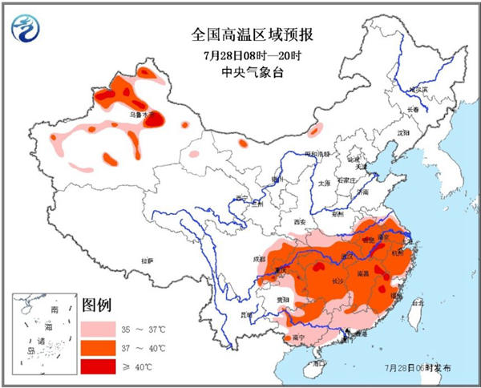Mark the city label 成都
(x=258, y=259)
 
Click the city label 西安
(x=301, y=220)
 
